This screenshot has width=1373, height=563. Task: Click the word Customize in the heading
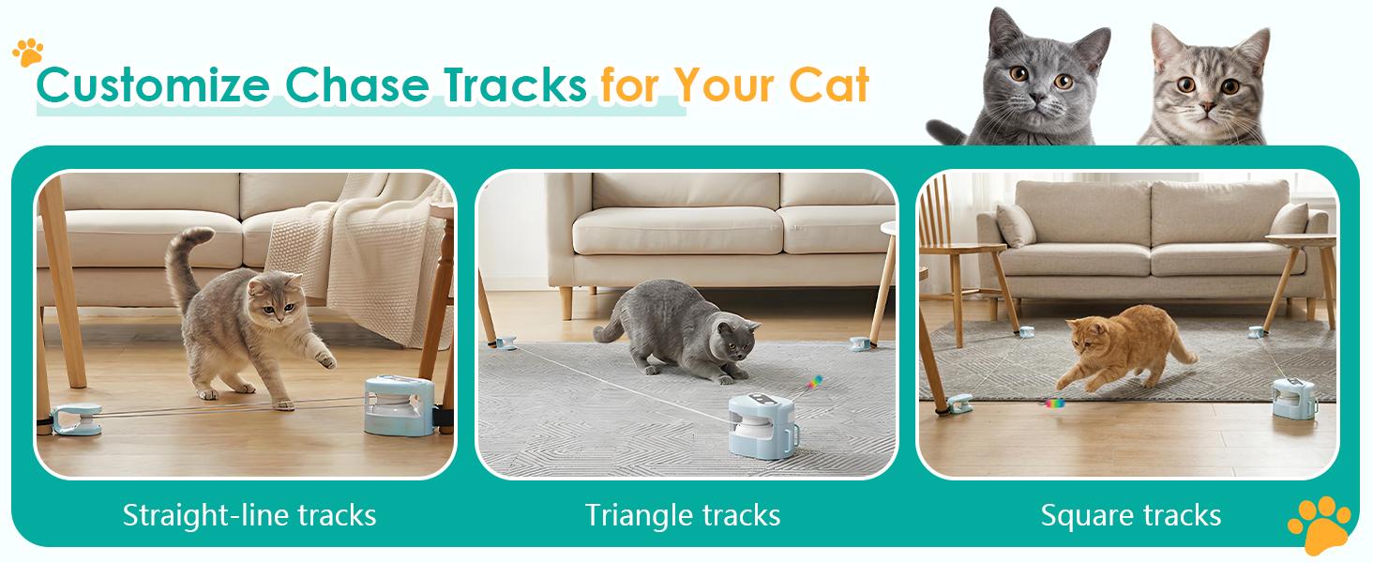click(154, 86)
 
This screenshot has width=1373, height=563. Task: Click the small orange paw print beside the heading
click(28, 51)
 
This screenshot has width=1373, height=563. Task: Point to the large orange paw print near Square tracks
click(1320, 524)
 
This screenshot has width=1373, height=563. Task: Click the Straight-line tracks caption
click(249, 514)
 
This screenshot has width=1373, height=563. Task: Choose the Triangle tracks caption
click(683, 514)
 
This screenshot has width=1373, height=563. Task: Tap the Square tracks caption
click(1131, 514)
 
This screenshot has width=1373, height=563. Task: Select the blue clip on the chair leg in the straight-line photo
click(76, 418)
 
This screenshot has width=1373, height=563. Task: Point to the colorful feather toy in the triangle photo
click(816, 381)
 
